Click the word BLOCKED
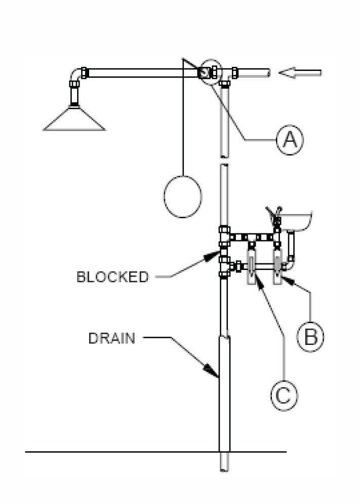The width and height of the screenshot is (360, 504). [x=112, y=277]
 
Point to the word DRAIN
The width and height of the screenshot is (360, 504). [x=112, y=338]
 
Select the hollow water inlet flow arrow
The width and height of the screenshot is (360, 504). [x=300, y=73]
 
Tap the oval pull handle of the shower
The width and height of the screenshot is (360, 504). [x=183, y=197]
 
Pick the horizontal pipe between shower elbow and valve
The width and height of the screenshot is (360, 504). [x=142, y=73]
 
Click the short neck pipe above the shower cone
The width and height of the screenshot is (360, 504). [x=74, y=95]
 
